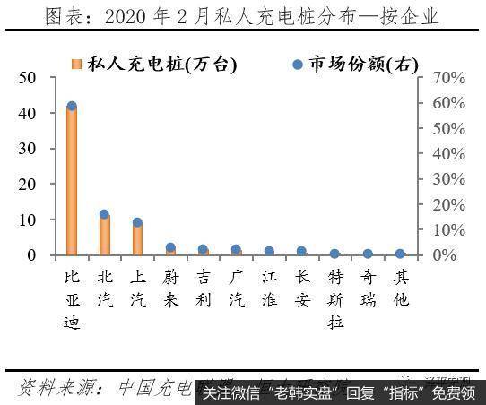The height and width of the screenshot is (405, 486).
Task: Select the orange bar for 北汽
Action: (x=105, y=235)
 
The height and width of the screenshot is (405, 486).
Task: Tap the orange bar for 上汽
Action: (x=137, y=238)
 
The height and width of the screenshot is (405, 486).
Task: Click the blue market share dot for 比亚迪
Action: (x=72, y=107)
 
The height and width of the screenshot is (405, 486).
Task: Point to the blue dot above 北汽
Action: (x=105, y=214)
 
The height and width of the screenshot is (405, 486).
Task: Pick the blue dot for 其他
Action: (x=401, y=254)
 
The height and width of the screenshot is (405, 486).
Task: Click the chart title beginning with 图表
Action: (x=242, y=15)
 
